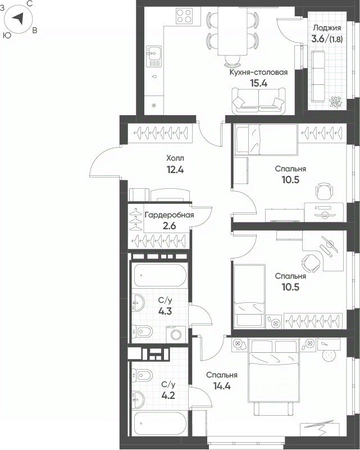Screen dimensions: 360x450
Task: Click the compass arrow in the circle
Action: click(18, 19)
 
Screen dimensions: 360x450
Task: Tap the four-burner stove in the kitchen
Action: click(184, 16)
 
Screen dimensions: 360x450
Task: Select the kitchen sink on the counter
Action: click(154, 56)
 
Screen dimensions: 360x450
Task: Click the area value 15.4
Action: click(259, 84)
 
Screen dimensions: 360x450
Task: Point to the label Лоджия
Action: click(327, 28)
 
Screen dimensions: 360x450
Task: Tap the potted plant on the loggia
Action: click(335, 102)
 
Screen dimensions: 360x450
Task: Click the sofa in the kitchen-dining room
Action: click(259, 100)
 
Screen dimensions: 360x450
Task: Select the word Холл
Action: click(175, 158)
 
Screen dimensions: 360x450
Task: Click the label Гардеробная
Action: click(169, 215)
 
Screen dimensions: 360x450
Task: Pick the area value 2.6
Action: click(169, 226)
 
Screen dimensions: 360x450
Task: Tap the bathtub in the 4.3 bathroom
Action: click(160, 275)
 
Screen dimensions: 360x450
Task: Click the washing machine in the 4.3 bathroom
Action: click(176, 334)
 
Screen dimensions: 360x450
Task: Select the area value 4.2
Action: click(168, 396)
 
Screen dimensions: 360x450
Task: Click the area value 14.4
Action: click(222, 387)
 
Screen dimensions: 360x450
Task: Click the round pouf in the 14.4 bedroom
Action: click(329, 356)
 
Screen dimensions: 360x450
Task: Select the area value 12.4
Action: click(175, 170)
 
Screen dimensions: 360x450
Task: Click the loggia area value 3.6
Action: click(318, 39)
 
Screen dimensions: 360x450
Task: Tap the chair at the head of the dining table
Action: click(232, 60)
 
